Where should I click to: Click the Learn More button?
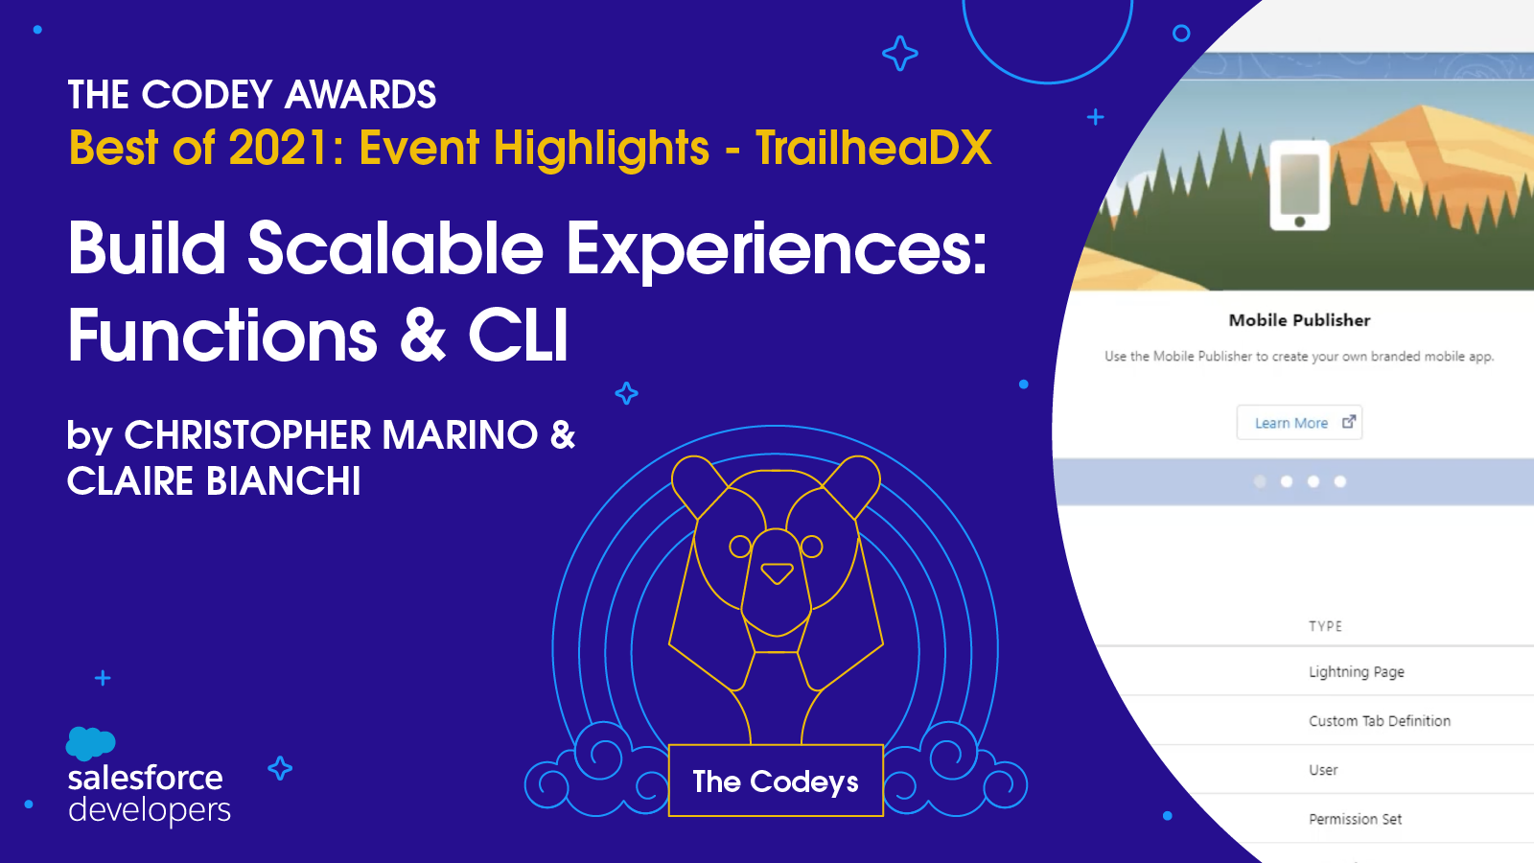click(1299, 423)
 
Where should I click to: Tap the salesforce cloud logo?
click(90, 744)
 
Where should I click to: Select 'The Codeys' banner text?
click(776, 781)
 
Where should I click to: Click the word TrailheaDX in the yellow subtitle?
click(873, 148)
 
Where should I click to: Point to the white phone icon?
click(1300, 186)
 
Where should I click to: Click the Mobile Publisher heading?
click(1299, 320)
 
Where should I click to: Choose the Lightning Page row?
click(1356, 672)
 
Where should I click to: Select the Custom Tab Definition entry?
click(1380, 720)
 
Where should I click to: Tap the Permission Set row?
click(1355, 819)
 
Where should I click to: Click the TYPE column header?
click(1325, 626)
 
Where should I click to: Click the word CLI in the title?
click(518, 336)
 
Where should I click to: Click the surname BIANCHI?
click(283, 480)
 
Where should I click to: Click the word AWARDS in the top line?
click(360, 95)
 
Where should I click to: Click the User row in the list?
click(1323, 770)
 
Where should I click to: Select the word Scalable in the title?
click(395, 248)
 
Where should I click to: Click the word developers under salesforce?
click(150, 810)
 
